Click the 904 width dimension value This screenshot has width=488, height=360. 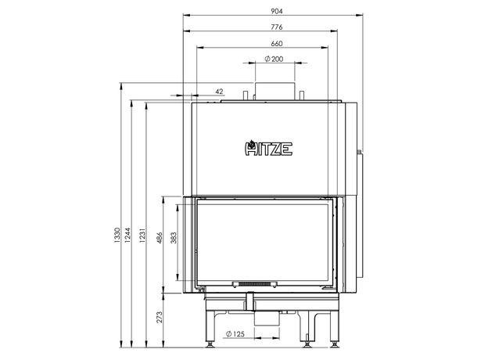[276, 11]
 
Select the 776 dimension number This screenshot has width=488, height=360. [276, 27]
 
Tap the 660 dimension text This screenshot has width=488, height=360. [276, 43]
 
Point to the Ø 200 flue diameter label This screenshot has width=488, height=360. [274, 59]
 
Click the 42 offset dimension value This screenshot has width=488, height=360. [219, 92]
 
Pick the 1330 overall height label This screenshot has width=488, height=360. [117, 235]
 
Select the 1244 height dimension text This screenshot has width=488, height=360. [127, 235]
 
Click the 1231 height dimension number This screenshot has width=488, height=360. [142, 236]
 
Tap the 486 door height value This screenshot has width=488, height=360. [160, 238]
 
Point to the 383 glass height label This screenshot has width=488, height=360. [174, 238]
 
